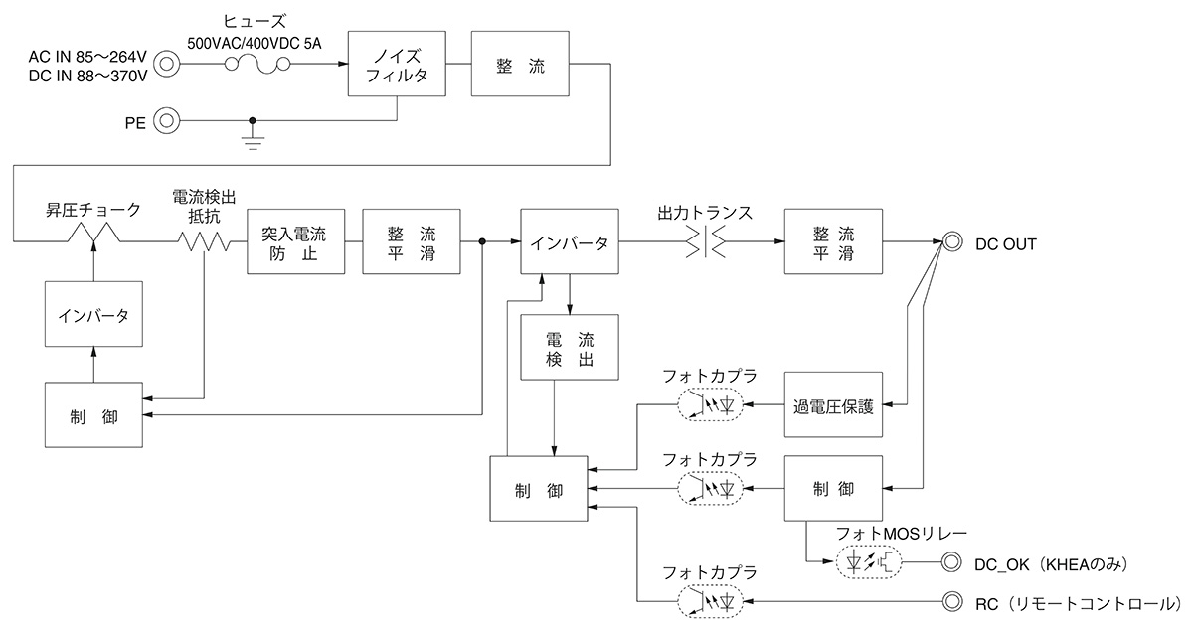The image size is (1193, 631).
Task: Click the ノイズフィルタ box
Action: [397, 65]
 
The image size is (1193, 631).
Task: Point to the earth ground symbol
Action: [253, 138]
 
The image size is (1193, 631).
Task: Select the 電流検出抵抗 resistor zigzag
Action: [203, 241]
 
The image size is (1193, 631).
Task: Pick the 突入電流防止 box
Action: [295, 242]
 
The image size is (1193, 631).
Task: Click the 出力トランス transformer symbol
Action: [707, 242]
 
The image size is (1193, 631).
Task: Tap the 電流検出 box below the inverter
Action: [570, 347]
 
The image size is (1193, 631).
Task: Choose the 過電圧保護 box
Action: [833, 405]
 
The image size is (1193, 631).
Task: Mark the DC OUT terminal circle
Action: [951, 242]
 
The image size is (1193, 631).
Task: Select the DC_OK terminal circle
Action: [951, 563]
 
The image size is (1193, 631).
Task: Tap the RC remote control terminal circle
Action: [951, 601]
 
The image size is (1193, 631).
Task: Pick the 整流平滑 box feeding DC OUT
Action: [833, 242]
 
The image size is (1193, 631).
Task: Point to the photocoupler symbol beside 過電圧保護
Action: [714, 405]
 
